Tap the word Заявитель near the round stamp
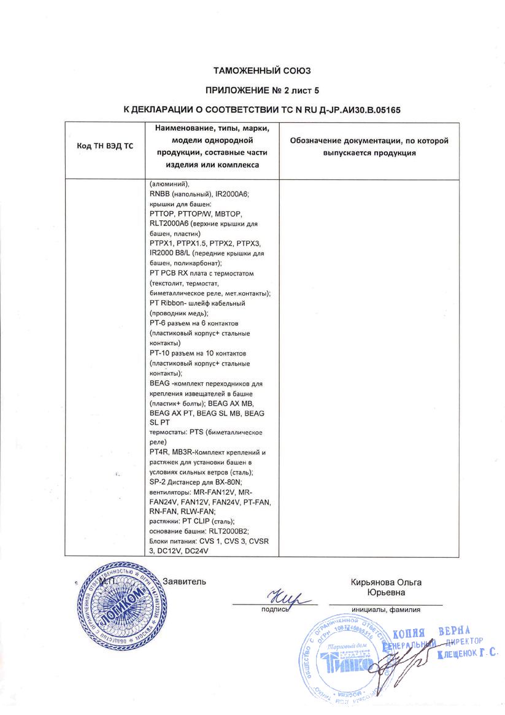[185, 581]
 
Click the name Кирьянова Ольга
[386, 582]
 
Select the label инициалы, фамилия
[386, 609]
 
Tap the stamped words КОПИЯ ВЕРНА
[431, 633]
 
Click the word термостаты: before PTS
[169, 432]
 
